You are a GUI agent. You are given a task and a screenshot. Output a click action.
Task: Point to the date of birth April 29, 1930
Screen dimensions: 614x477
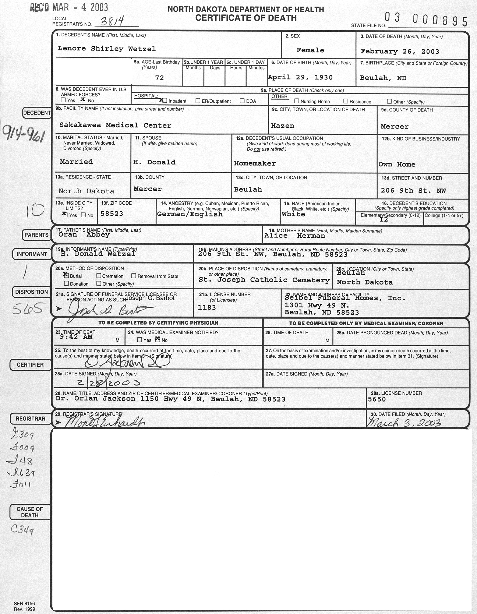point(300,78)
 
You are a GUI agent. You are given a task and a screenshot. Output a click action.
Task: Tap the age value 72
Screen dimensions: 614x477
point(159,78)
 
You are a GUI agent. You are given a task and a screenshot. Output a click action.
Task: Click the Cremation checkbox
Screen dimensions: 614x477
point(99,276)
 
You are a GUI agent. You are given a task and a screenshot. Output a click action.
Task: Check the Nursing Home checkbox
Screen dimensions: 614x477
point(297,101)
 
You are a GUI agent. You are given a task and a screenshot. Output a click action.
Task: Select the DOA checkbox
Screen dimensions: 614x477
point(242,101)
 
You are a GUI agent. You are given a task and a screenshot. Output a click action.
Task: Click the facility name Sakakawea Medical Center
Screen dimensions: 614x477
point(115,125)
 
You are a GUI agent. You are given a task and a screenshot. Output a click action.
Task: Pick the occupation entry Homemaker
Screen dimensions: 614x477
point(255,163)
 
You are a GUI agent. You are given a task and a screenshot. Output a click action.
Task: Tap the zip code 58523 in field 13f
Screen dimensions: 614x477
point(112,214)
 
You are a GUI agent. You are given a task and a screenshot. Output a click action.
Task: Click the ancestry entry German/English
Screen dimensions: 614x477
point(190,214)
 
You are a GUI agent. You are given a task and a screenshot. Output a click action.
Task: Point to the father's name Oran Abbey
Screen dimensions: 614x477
point(84,235)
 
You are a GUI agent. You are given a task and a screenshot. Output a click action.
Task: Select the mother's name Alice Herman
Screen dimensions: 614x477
point(295,236)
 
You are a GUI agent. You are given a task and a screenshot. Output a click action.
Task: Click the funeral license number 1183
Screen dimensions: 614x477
point(207,308)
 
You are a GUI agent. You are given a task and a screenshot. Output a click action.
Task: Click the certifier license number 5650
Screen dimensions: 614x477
point(377,399)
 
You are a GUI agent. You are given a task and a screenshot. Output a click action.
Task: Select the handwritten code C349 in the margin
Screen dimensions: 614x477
point(22,530)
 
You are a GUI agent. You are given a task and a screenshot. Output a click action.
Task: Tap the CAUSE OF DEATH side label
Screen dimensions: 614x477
point(30,512)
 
